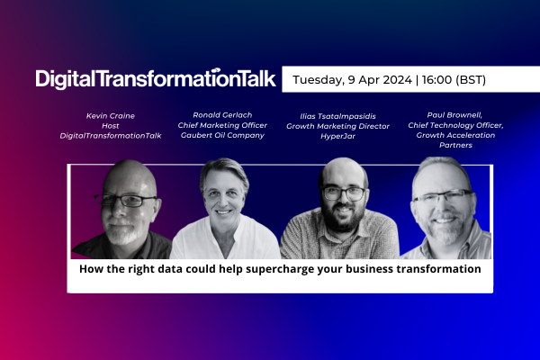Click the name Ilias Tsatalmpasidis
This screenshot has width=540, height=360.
tap(337, 117)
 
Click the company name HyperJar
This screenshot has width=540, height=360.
tap(337, 137)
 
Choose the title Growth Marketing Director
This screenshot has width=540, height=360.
tap(337, 127)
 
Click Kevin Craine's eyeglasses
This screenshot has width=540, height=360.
tap(124, 200)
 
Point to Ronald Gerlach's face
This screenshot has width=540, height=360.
tap(225, 193)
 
